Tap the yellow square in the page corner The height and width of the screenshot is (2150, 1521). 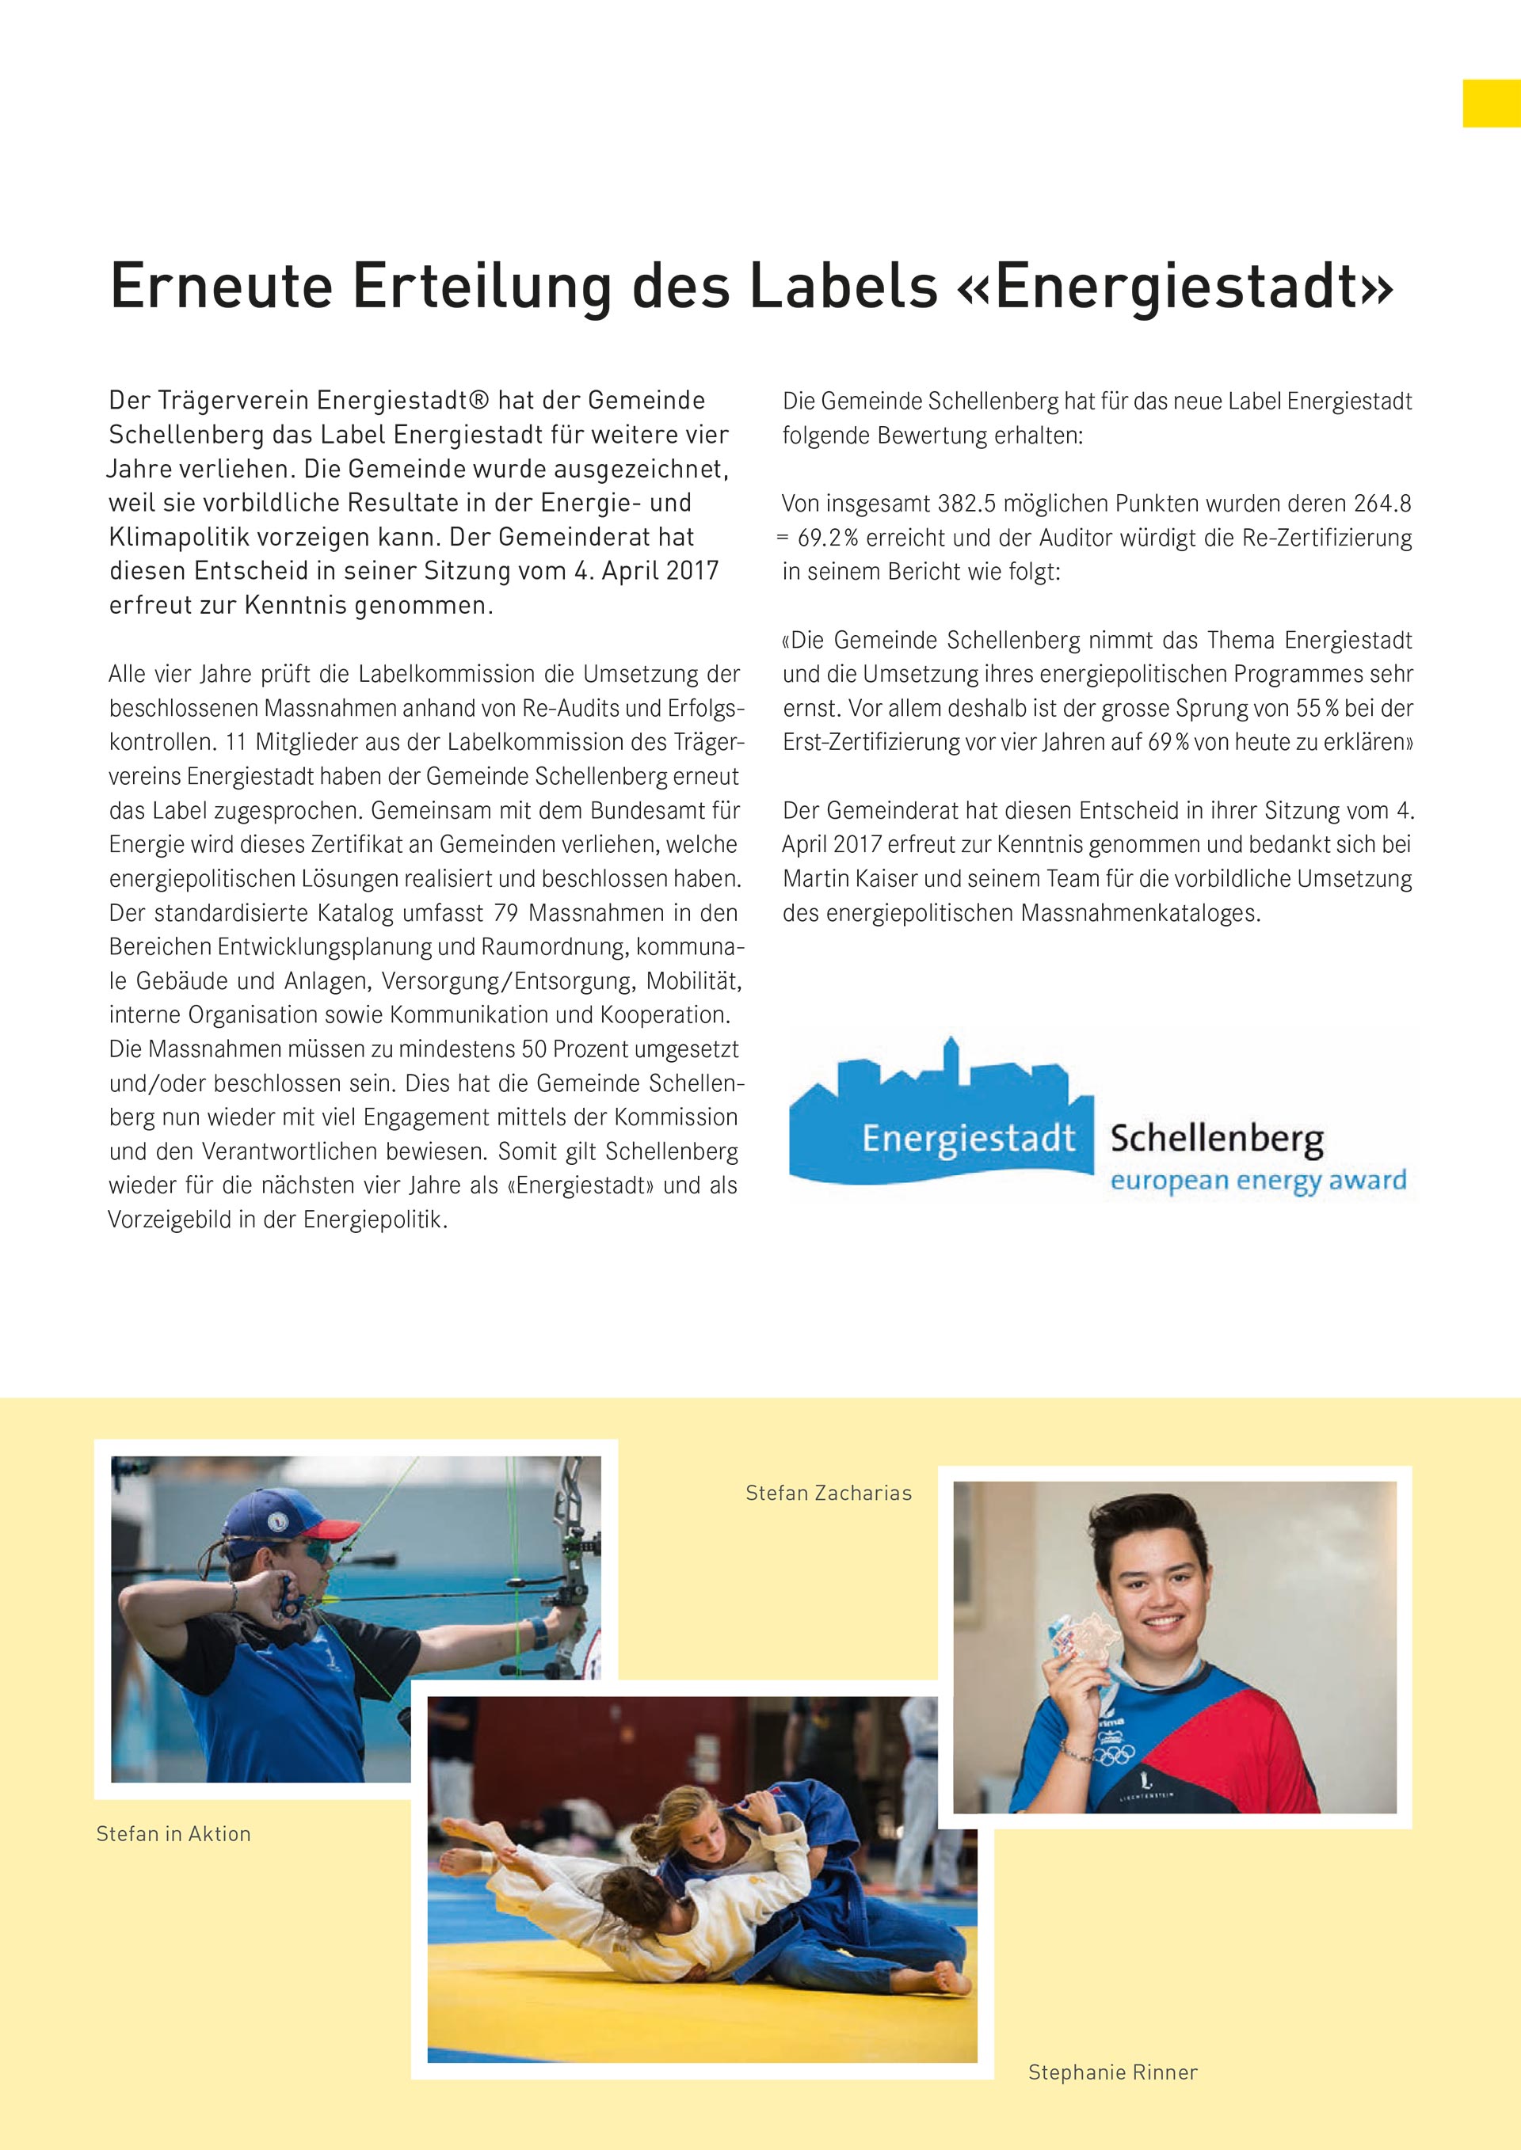[1491, 103]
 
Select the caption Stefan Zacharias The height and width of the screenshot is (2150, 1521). [828, 1493]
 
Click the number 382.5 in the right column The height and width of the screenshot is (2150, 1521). [966, 504]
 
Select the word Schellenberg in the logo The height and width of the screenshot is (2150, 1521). [1217, 1139]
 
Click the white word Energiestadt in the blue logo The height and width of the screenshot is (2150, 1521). [968, 1139]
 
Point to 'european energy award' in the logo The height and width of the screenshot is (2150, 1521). [1258, 1180]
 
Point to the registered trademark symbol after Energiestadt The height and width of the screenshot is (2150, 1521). [478, 401]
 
